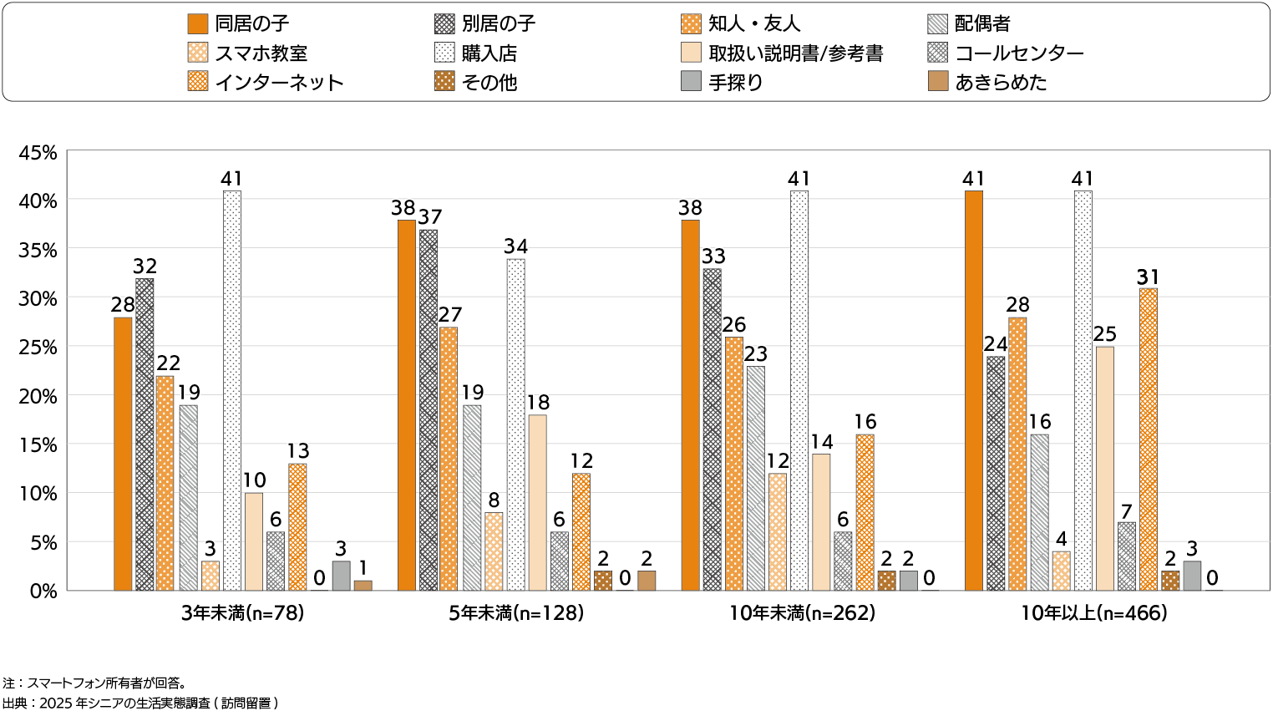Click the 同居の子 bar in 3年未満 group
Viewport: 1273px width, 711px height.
click(123, 454)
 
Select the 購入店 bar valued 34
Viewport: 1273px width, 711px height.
click(515, 424)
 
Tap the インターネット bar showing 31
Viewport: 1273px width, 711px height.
click(1149, 439)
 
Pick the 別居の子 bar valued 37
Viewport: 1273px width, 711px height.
click(429, 410)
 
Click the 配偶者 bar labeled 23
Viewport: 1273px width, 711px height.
click(755, 478)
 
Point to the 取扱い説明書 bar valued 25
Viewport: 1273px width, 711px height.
click(1104, 469)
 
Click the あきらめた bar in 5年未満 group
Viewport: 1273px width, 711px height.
click(647, 581)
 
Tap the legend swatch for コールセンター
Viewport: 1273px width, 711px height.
click(937, 53)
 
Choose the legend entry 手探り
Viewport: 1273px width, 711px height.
click(735, 82)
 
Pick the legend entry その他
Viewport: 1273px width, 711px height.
click(489, 82)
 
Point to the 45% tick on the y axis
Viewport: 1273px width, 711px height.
click(38, 153)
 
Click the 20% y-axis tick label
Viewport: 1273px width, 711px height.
click(38, 396)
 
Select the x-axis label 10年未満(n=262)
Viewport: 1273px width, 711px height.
click(802, 613)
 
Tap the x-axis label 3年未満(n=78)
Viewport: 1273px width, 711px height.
click(242, 613)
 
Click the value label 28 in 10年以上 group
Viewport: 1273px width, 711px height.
click(1017, 305)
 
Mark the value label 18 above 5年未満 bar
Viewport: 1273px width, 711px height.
click(538, 403)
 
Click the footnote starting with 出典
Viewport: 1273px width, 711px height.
click(140, 703)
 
